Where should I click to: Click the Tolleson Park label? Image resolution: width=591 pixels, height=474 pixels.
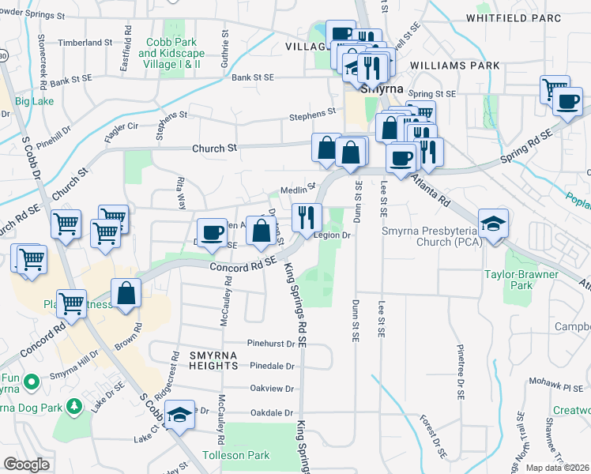point(235,455)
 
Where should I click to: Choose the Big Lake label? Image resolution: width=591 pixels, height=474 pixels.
point(33,101)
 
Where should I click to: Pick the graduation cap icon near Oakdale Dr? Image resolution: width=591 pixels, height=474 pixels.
point(180,415)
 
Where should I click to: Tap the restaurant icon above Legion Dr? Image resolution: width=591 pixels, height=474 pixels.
point(306,216)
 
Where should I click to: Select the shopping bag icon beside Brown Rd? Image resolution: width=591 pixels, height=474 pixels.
point(126,294)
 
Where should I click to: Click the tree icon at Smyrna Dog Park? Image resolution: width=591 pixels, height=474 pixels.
point(74,406)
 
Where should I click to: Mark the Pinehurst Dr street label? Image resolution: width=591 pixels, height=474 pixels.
point(271,344)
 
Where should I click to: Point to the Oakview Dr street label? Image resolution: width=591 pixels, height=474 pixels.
point(272,389)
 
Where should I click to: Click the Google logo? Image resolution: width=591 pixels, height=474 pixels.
point(27,465)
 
